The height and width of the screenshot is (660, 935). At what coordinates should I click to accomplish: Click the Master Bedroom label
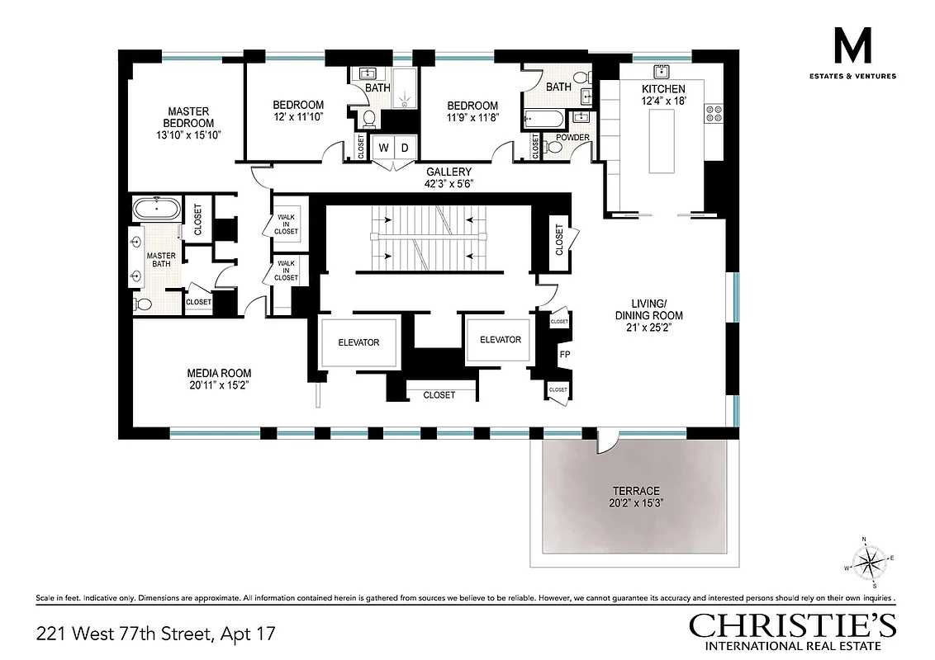pyautogui.click(x=189, y=117)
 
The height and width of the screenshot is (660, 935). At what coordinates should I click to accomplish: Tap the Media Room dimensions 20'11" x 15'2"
pyautogui.click(x=218, y=384)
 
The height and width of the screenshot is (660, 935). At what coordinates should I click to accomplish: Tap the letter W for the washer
pyautogui.click(x=383, y=148)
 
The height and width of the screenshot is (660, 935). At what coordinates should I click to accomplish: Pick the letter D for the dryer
pyautogui.click(x=405, y=148)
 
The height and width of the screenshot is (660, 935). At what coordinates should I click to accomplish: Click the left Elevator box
pyautogui.click(x=358, y=342)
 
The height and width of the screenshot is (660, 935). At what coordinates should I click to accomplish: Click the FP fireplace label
pyautogui.click(x=565, y=355)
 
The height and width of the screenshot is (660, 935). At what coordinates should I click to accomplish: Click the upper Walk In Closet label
pyautogui.click(x=286, y=224)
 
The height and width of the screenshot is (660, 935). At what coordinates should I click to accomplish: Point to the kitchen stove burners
pyautogui.click(x=713, y=112)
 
